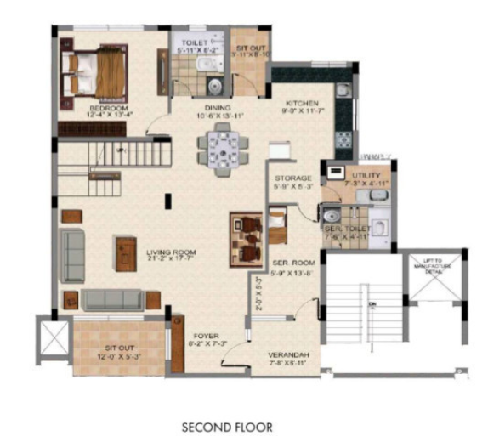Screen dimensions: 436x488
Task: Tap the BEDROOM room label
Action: click(108, 109)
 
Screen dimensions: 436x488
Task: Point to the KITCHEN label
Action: click(301, 99)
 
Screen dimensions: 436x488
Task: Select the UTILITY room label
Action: click(356, 175)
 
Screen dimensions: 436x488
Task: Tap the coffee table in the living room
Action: click(126, 252)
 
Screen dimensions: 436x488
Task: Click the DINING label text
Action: click(220, 108)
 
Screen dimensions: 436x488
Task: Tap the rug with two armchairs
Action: click(247, 239)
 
